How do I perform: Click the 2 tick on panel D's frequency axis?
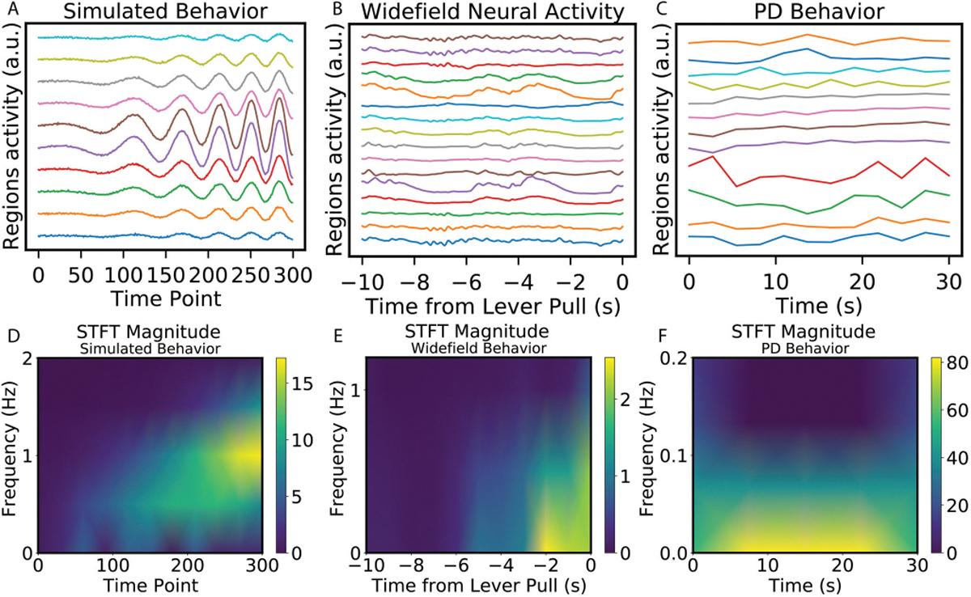(28, 358)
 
